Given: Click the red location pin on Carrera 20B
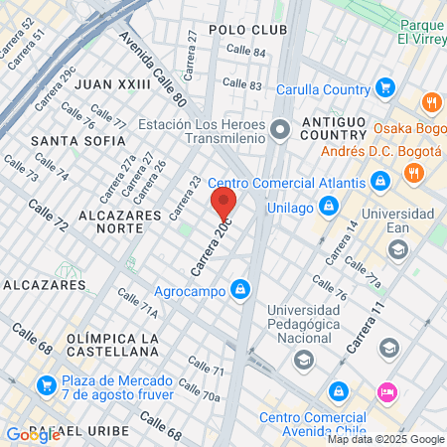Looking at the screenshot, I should click(x=223, y=204).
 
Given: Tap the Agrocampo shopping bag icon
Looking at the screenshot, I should click(x=239, y=290).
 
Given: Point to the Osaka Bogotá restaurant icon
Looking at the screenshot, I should click(x=431, y=102).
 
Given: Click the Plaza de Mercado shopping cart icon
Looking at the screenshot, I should click(x=45, y=384).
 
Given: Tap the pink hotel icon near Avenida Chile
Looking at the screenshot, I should click(x=387, y=391).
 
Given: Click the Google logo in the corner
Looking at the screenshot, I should click(x=33, y=434).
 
